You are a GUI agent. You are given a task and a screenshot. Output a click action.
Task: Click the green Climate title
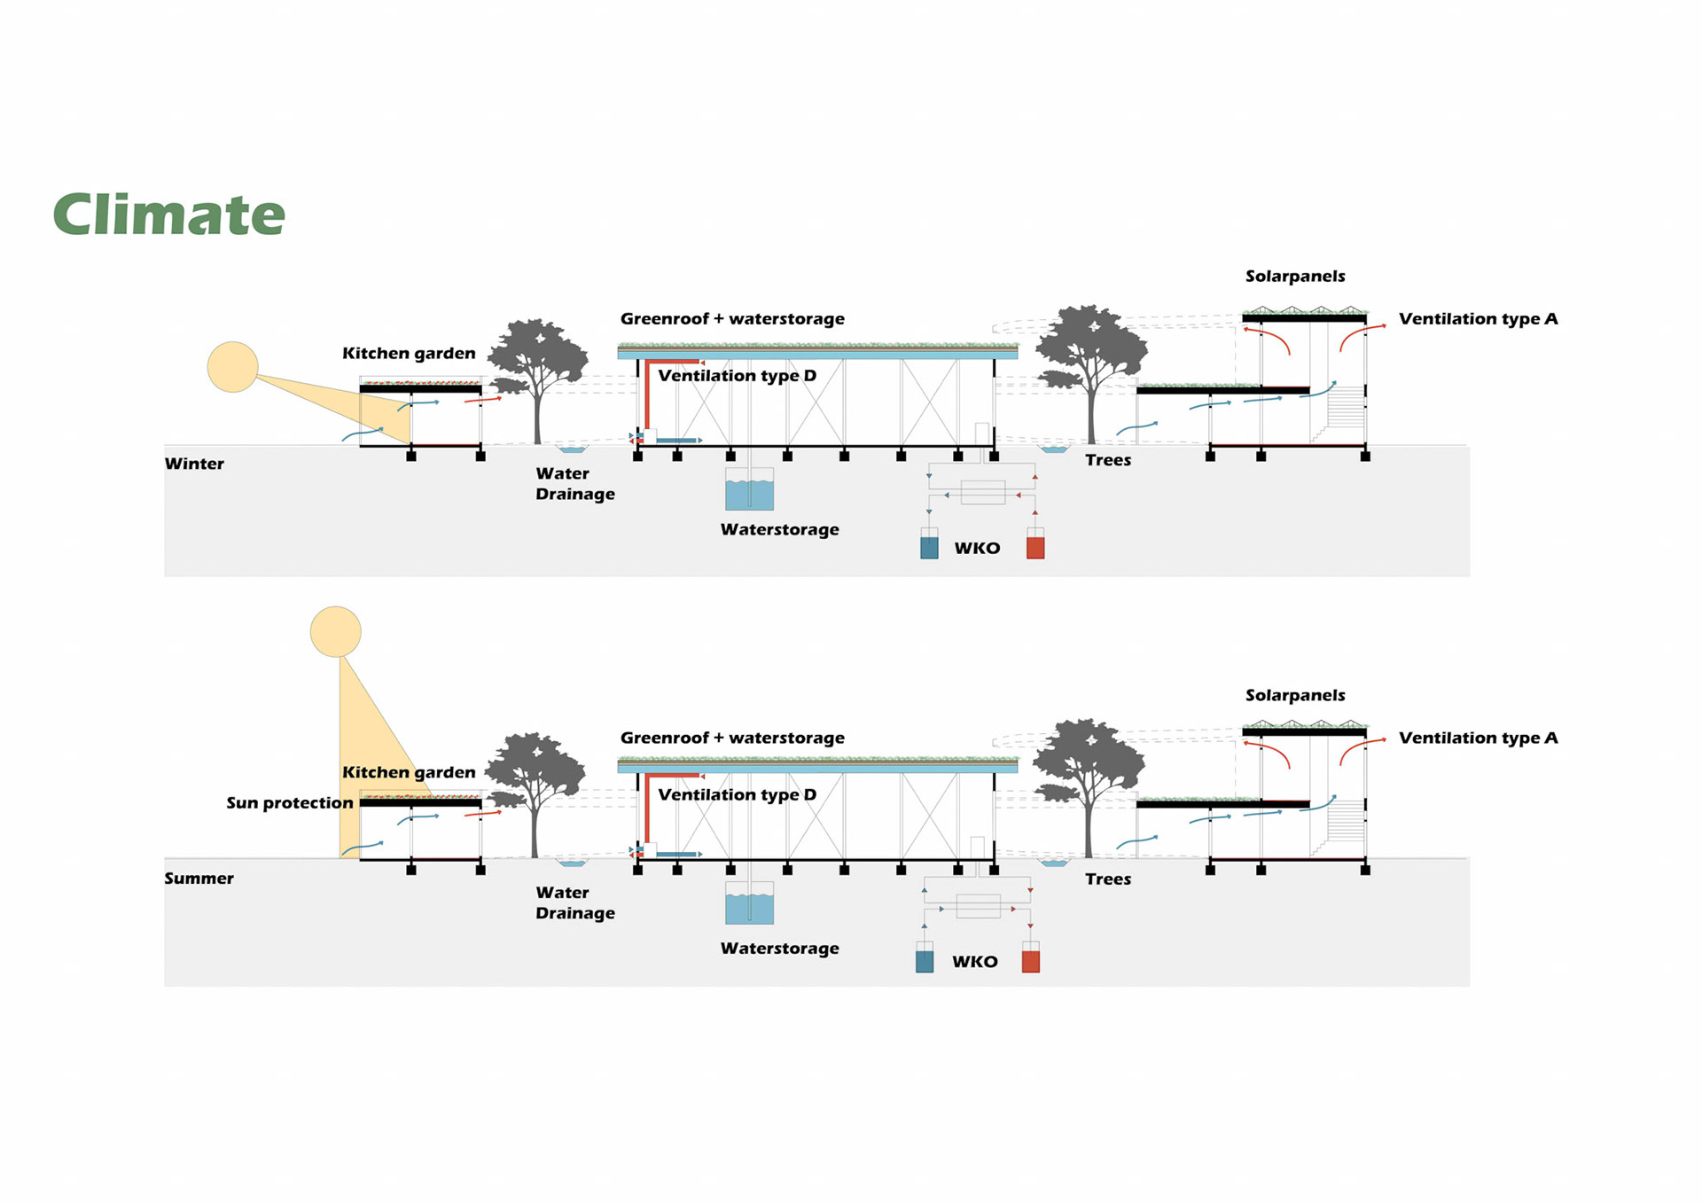[x=168, y=215]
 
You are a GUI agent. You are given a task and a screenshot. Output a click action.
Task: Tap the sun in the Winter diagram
[x=232, y=367]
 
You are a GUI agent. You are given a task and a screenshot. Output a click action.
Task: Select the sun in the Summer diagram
[x=335, y=631]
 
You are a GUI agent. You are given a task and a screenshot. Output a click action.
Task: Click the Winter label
[x=194, y=464]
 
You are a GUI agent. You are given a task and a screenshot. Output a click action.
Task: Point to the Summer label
[x=199, y=879]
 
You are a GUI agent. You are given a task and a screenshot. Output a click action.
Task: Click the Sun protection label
[x=289, y=803]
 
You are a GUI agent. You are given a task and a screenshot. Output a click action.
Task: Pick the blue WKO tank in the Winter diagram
[x=929, y=545]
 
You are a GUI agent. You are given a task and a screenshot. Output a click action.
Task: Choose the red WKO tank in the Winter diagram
[x=1035, y=545]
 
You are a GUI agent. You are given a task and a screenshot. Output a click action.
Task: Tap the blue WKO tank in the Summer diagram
[x=925, y=959]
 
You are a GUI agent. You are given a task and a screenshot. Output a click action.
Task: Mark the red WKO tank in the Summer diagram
[x=1031, y=959]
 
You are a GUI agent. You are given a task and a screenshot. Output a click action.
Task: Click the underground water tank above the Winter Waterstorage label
[x=749, y=490]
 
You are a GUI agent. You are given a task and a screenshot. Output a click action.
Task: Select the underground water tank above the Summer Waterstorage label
[x=749, y=904]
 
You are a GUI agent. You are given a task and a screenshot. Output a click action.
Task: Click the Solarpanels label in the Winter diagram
[x=1295, y=277]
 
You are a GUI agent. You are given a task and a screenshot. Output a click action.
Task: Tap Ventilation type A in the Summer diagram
[x=1478, y=738]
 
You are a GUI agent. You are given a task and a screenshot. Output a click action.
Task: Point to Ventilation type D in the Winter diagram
[x=737, y=376]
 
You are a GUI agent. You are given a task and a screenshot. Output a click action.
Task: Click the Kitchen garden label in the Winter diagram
[x=409, y=354]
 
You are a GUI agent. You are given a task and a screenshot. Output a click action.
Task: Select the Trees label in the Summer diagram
[x=1108, y=879]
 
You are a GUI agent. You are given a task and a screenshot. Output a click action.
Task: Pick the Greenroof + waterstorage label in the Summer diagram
[x=732, y=738]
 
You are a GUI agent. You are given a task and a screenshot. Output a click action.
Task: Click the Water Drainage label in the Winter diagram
[x=574, y=484]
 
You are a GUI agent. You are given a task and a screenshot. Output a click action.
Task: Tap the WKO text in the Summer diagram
[x=975, y=962]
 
